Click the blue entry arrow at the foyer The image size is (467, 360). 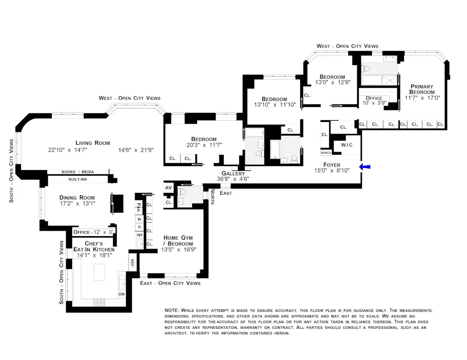(365, 167)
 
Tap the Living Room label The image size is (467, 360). (93, 143)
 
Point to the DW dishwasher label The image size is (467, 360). (122, 294)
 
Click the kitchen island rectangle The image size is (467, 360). (100, 272)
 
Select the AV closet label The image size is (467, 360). (168, 188)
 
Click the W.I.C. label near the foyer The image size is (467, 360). (347, 145)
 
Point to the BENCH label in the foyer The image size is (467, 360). (326, 152)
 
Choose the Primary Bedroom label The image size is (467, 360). (422, 89)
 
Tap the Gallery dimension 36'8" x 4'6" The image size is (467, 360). (233, 179)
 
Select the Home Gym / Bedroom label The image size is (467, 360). (178, 241)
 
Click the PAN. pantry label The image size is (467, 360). (139, 208)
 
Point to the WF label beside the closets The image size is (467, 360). (139, 235)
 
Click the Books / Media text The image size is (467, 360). (78, 172)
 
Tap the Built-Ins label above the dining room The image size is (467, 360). (78, 179)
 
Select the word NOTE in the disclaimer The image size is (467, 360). (172, 310)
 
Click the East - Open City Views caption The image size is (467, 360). (170, 283)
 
